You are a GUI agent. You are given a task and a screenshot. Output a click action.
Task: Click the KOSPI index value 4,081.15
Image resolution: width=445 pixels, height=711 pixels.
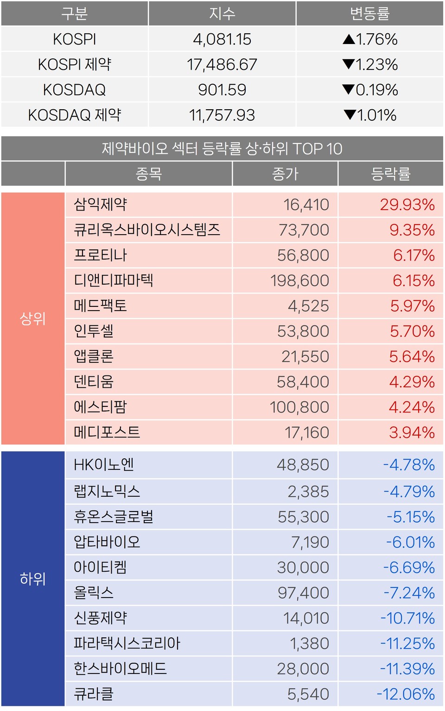click(x=222, y=39)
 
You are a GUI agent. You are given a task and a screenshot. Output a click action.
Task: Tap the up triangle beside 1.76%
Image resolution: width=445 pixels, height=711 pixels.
click(x=349, y=39)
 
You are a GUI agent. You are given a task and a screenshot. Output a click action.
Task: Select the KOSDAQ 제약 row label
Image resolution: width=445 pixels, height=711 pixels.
click(x=75, y=115)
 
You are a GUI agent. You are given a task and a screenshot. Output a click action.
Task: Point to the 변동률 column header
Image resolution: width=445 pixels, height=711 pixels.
click(x=369, y=14)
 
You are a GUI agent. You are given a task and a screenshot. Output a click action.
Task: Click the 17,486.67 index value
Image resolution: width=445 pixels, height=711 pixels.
click(x=222, y=64)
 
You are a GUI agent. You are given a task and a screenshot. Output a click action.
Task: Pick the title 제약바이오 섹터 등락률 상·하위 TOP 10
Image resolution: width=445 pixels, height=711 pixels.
click(x=222, y=149)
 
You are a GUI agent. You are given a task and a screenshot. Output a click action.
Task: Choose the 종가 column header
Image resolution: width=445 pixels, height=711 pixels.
click(x=285, y=174)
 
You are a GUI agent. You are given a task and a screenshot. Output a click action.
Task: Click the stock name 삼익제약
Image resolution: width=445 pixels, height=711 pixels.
click(x=101, y=204)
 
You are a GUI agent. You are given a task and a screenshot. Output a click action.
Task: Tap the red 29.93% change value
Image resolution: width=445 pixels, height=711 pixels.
click(x=407, y=205)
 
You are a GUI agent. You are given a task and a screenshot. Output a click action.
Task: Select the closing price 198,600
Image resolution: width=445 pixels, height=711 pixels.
click(x=299, y=281)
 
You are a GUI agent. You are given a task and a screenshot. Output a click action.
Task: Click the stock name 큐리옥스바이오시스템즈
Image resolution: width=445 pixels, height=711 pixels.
click(x=147, y=230)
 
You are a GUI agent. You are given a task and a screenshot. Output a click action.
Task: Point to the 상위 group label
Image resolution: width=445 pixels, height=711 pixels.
click(x=33, y=318)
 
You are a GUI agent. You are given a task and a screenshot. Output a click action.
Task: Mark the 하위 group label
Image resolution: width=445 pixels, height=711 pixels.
click(x=33, y=579)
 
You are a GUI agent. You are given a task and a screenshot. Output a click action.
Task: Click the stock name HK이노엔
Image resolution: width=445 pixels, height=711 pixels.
click(x=104, y=464)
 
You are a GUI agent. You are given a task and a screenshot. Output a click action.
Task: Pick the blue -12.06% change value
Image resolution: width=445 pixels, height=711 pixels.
click(x=406, y=694)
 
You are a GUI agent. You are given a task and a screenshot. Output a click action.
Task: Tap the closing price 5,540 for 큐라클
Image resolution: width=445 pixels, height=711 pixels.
click(x=308, y=694)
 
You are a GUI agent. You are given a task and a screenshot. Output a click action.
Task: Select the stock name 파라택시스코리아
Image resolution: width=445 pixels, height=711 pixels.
click(x=127, y=643)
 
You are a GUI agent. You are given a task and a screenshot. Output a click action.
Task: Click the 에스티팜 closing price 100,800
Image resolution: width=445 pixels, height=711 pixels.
click(x=299, y=407)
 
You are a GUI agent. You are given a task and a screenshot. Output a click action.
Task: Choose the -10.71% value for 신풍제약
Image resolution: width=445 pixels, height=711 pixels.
click(x=407, y=618)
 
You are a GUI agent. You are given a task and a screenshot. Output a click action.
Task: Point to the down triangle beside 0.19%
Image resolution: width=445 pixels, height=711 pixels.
click(x=348, y=89)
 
